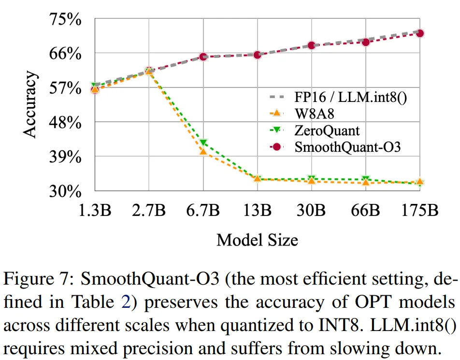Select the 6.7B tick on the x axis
(x=203, y=211)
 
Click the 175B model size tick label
(x=420, y=211)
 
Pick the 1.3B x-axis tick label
(x=95, y=211)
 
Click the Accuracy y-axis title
(x=30, y=105)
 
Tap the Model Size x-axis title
(x=257, y=239)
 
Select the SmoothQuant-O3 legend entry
(x=347, y=147)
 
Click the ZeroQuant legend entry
(x=327, y=130)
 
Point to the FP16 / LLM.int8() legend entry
(x=351, y=98)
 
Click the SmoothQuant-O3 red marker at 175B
(x=420, y=33)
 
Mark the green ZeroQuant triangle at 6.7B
(x=203, y=143)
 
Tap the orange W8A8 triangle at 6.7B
(x=203, y=152)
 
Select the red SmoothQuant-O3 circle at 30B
(x=312, y=45)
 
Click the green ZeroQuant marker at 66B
(x=366, y=179)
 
